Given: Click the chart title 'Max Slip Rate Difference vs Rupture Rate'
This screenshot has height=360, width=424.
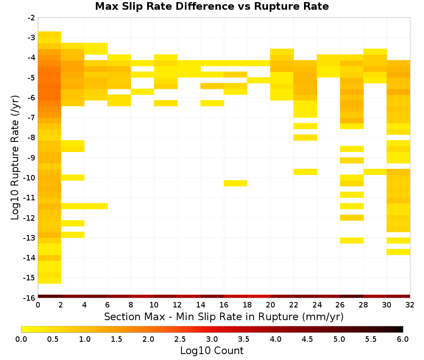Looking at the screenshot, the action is pos(212,6).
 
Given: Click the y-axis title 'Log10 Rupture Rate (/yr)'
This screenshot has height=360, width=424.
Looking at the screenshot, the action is pos(15,158).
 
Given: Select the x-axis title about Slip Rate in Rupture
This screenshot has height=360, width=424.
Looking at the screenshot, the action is pos(223,316).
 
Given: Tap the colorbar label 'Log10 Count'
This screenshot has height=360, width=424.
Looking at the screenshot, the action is pos(212,351).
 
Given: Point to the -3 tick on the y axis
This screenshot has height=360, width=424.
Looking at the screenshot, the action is pos(31,38).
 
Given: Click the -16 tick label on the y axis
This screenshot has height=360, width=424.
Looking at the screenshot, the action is pos(30,298).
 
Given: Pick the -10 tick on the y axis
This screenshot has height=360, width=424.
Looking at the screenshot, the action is pos(30,178).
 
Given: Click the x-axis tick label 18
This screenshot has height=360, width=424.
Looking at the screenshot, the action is pos(247,305).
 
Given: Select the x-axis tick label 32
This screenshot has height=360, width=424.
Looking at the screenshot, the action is pos(410,305).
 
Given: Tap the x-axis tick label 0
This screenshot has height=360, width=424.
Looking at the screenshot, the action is pos(38,305).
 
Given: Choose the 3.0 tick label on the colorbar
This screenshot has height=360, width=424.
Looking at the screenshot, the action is pos(212,339).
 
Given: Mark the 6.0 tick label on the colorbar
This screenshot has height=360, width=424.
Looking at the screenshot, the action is pos(403,339).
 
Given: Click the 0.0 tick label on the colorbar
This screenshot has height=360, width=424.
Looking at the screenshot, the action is pos(21,339).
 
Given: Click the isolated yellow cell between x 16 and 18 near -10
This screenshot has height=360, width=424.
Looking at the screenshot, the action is pos(235,183).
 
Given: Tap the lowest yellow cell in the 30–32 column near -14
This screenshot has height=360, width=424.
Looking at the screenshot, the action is pos(398,252).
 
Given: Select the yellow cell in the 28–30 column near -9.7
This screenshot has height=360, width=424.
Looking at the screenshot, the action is pos(375,172).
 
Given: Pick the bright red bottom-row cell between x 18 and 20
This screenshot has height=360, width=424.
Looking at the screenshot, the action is pos(259,296).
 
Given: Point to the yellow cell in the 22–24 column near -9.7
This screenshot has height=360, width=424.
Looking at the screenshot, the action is pos(305,172).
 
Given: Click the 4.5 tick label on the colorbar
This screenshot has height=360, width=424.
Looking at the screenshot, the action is pos(307,339).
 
